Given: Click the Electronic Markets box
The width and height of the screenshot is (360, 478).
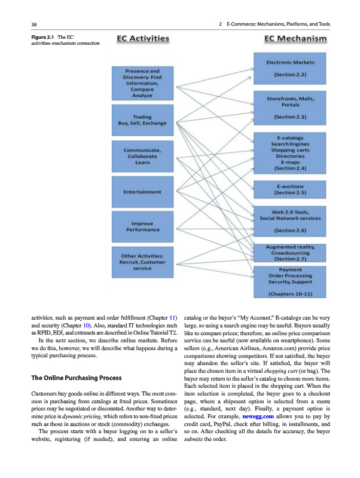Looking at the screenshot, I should (x=290, y=69).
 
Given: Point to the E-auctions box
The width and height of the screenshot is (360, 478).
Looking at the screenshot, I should (x=290, y=189).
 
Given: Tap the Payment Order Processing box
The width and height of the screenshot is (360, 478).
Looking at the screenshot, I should (x=290, y=281).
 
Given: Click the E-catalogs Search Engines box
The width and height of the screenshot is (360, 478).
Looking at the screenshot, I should (x=290, y=153).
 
